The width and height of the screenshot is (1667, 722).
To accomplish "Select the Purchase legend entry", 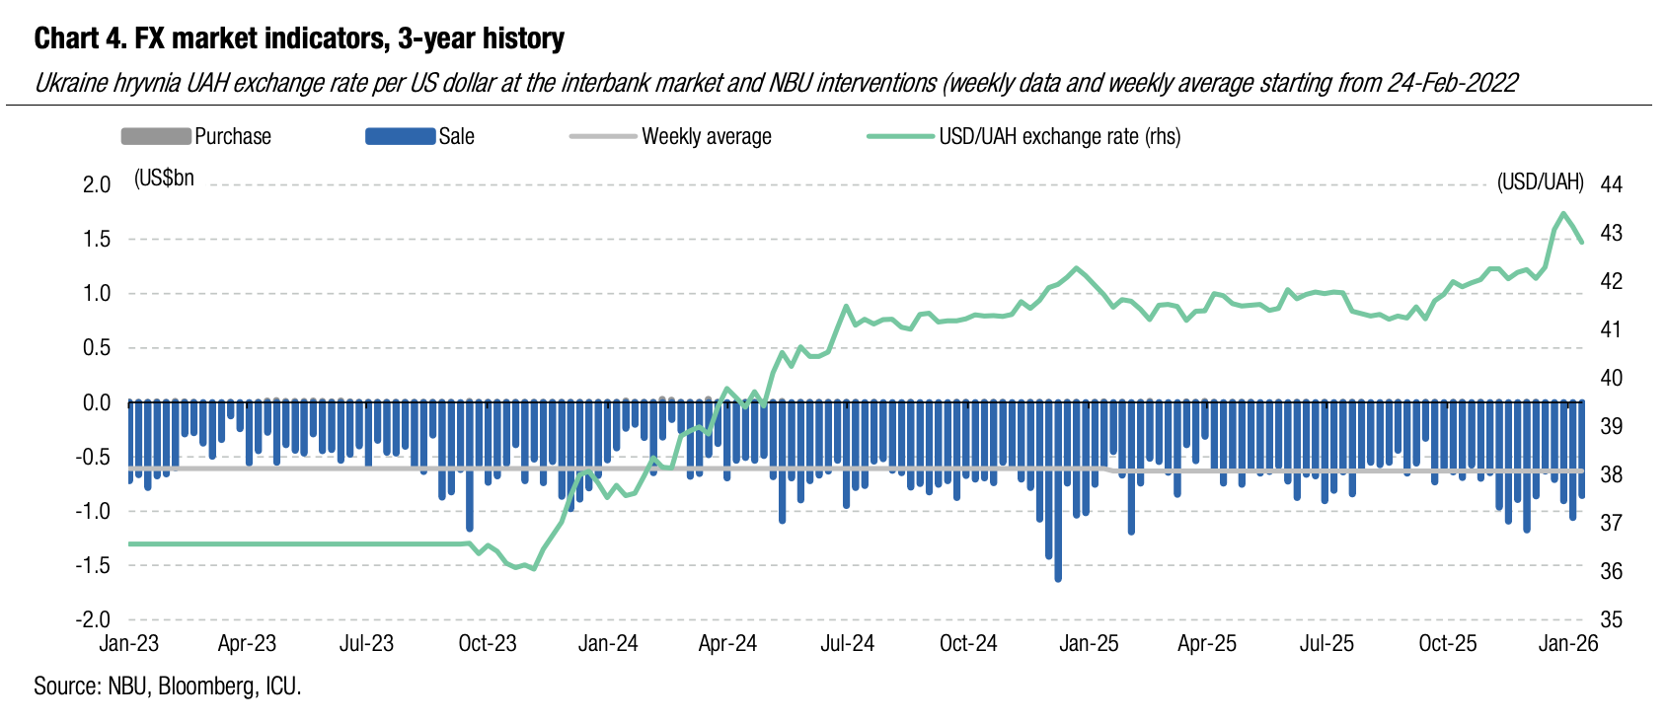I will point(232,136).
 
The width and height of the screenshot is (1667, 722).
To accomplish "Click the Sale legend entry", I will point(456,136).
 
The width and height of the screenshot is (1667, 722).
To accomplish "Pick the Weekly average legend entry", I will point(706,136).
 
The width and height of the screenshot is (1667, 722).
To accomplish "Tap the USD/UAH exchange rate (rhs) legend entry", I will point(1059,136).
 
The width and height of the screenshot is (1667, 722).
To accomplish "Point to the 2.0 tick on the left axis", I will point(96,184).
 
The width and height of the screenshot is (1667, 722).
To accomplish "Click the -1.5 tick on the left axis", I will point(93,565).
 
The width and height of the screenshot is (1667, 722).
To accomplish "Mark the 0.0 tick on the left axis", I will point(96,402).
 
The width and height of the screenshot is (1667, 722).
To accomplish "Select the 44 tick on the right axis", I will point(1611,184).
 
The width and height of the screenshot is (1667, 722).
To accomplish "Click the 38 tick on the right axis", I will point(1611,474).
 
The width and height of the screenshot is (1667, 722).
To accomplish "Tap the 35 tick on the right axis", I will point(1611,619).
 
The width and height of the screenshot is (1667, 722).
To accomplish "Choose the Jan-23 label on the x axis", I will point(128,644).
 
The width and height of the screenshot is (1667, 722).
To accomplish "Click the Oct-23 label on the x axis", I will point(488,644).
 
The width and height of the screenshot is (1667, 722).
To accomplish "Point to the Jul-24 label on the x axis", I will point(848,644).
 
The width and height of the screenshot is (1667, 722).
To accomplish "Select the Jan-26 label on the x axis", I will point(1568,644).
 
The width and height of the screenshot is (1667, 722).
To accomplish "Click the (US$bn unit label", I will point(164,179).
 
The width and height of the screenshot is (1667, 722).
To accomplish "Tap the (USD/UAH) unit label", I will point(1540,181).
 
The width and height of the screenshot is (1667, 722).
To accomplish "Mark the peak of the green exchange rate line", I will point(1563,213).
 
